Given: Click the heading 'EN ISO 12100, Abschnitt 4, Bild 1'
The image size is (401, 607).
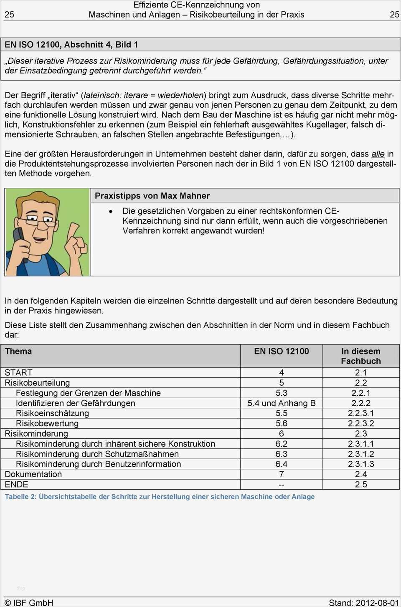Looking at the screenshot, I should (x=71, y=45).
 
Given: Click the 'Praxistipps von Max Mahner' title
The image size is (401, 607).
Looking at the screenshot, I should (x=152, y=196).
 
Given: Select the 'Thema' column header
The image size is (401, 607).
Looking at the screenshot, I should (x=18, y=351).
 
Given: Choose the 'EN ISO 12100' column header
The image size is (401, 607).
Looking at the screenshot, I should (x=281, y=351).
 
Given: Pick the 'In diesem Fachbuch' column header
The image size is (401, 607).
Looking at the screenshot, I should (x=360, y=356).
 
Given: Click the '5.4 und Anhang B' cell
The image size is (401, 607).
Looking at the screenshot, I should (x=281, y=403).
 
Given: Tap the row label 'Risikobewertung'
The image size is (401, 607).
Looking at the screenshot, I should (x=47, y=423).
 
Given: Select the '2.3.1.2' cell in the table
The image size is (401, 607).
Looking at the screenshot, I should (x=360, y=454).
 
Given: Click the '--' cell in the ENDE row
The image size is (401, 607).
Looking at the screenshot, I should (x=281, y=485).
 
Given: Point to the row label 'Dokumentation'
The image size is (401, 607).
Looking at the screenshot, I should (x=33, y=474).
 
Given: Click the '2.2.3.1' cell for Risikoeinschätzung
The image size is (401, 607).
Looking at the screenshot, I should (x=360, y=413).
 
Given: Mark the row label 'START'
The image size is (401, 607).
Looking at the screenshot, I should (x=18, y=372).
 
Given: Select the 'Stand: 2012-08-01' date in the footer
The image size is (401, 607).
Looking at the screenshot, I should (x=363, y=602).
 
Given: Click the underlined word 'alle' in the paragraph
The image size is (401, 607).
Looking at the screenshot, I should (x=378, y=154).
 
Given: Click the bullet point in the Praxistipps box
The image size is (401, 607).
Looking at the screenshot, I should (x=111, y=212).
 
